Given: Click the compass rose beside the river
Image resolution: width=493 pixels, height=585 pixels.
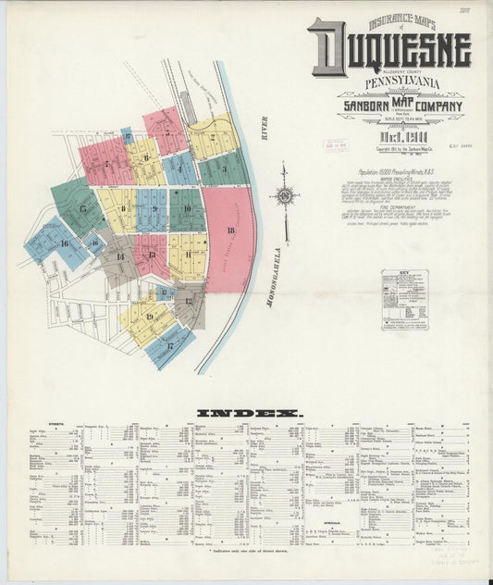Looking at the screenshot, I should point(285,195).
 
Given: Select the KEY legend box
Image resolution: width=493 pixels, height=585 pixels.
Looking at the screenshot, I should point(404,300).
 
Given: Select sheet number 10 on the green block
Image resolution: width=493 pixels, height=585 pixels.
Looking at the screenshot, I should point(187,209).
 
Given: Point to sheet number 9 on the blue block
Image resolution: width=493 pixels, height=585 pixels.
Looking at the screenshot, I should point(154,209).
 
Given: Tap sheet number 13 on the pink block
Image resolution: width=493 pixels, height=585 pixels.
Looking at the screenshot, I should point(151,254).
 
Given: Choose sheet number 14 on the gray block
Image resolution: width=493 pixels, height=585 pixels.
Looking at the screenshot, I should point(119,255).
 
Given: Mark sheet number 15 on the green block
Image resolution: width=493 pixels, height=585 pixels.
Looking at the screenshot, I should point(82,209).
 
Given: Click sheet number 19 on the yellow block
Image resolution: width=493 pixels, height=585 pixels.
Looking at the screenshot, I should point(148,317).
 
